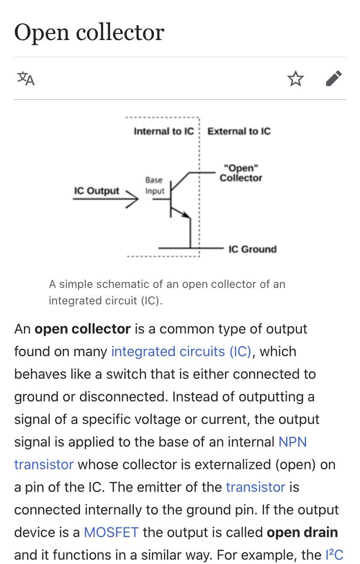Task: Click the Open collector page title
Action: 89,32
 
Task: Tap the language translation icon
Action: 26,78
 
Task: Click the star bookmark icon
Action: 296,78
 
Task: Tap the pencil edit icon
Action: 334,78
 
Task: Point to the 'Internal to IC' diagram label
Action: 164,131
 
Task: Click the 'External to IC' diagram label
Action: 239,131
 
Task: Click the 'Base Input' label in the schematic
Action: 155,186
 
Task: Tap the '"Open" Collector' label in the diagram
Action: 241,173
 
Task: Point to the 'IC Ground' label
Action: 252,249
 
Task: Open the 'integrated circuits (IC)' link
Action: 181,352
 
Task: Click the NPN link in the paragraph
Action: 292,442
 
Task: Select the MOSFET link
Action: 111,533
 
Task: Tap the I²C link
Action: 334,555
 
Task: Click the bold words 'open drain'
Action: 302,533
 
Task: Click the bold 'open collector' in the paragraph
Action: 82,329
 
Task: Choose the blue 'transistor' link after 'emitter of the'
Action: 255,487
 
